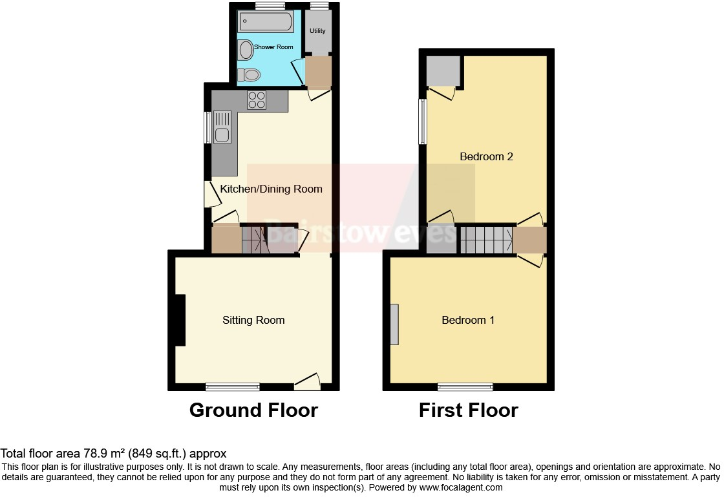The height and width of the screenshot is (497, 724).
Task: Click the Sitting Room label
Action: click(253, 320)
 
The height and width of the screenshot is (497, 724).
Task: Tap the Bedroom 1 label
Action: click(468, 320)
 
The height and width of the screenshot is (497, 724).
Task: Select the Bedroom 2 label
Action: click(486, 156)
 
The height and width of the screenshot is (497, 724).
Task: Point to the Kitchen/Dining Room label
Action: click(271, 189)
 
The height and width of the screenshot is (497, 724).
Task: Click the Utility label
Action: click(317, 31)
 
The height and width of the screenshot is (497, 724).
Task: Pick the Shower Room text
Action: click(273, 47)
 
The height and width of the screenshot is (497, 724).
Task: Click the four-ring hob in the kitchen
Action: click(257, 100)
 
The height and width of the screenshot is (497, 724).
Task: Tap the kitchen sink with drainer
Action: click(222, 127)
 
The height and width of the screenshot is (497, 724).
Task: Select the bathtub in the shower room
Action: click(266, 22)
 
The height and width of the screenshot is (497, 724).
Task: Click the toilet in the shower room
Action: click(248, 75)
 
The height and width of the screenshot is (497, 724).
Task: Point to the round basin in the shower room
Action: click(245, 49)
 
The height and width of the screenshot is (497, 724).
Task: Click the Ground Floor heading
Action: click(253, 410)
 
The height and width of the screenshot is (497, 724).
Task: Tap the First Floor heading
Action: click(468, 410)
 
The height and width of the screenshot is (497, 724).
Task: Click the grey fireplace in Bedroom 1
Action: click(394, 324)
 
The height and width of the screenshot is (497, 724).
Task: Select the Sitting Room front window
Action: click(233, 387)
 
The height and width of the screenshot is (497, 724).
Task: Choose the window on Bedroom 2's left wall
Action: click(422, 122)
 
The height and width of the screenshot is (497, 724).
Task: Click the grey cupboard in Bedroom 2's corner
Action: click(443, 71)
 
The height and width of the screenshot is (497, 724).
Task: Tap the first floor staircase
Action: click(487, 239)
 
